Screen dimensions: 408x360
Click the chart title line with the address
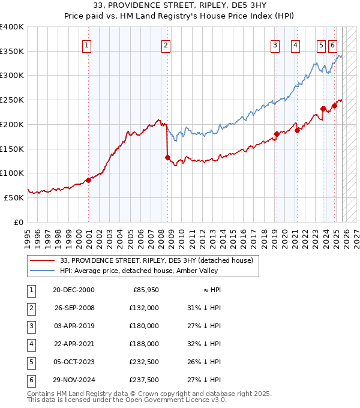pyautogui.click(x=180, y=5)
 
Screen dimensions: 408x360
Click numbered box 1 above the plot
pyautogui.click(x=87, y=44)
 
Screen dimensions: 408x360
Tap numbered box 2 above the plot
pyautogui.click(x=165, y=44)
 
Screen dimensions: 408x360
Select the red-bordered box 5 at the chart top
pyautogui.click(x=321, y=44)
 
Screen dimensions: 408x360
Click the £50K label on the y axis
pyautogui.click(x=14, y=197)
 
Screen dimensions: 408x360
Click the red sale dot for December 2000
pyautogui.click(x=88, y=180)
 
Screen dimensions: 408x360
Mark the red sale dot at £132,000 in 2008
pyautogui.click(x=167, y=158)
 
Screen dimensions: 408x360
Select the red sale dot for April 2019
pyautogui.click(x=277, y=134)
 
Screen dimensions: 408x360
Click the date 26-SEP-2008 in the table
pyautogui.click(x=74, y=308)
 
